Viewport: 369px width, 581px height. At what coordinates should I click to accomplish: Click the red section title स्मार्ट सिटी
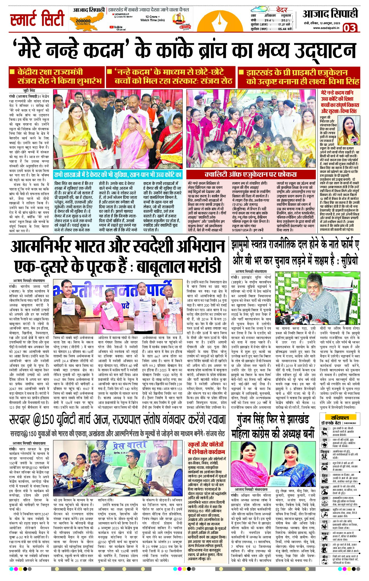point(37,19)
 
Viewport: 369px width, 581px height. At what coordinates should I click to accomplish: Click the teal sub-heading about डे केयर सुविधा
point(118,175)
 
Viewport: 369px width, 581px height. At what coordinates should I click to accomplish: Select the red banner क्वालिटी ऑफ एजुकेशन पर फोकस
point(250,175)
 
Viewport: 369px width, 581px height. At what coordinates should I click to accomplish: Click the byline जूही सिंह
point(29,91)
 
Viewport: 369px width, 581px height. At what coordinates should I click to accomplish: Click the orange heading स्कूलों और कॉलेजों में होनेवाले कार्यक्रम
point(206,448)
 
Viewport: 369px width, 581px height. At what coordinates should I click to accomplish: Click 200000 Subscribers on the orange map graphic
point(83,21)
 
